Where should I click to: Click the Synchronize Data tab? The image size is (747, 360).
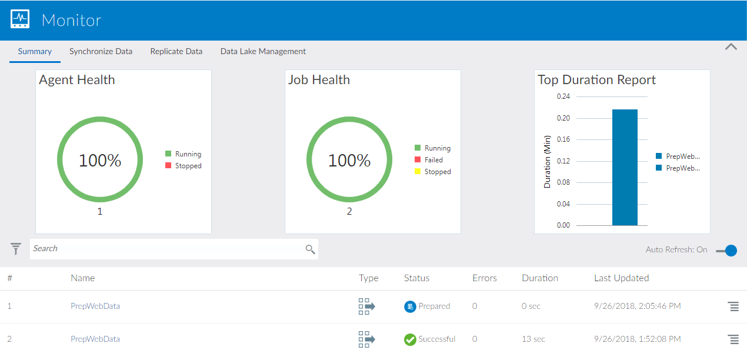point(101,51)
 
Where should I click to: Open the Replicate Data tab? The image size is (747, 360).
point(176,51)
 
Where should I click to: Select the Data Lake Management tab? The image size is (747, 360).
point(263,51)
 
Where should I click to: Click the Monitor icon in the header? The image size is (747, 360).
point(20,19)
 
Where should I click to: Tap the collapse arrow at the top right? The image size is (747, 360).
point(731,46)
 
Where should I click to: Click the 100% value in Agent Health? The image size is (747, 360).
point(100,160)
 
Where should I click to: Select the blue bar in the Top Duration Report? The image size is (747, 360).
point(625,167)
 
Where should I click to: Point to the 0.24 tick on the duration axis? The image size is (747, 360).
point(563,96)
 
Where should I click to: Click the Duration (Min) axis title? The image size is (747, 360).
point(547,161)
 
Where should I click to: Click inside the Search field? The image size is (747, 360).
point(165,249)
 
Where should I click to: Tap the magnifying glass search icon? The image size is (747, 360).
point(310,249)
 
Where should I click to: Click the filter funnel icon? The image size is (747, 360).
point(16,249)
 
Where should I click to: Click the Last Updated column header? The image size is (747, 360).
point(621,278)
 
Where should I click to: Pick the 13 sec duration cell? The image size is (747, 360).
point(533,339)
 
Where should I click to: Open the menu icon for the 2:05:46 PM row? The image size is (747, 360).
point(733,306)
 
